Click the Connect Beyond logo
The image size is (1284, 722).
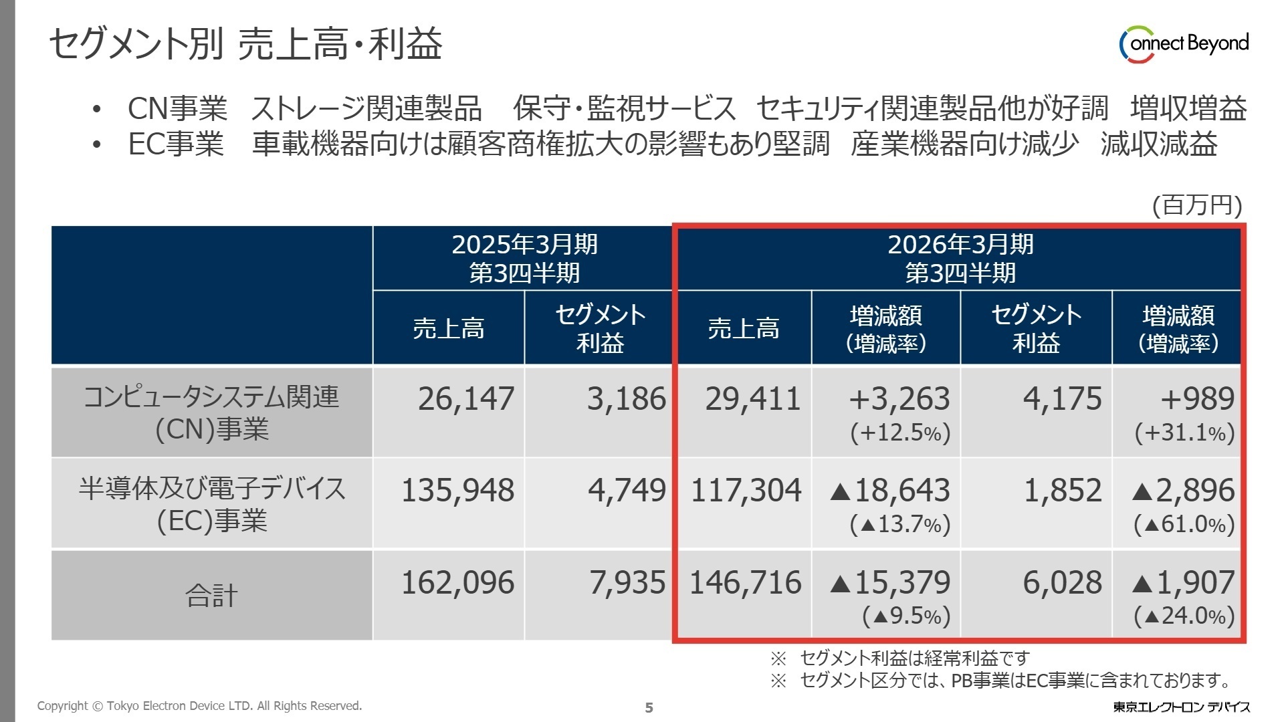point(1184,44)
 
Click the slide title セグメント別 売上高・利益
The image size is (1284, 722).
point(245,44)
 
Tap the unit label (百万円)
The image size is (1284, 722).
point(1196,205)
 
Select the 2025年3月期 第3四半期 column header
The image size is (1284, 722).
point(524,259)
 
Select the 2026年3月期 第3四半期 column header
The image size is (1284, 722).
point(960,259)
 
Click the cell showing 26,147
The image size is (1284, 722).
point(466,399)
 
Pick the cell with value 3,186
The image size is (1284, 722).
point(626,399)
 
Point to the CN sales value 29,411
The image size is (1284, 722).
point(752,399)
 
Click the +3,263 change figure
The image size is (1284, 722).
point(899,399)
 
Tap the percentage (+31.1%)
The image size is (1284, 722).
point(1184,433)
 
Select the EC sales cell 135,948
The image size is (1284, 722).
point(457,491)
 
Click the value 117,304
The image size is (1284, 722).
point(746,491)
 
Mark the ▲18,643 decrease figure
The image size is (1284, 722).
point(889,491)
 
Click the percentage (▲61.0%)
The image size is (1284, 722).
point(1184,524)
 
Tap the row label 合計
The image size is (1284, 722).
point(211,596)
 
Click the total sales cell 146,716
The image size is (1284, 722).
point(745,583)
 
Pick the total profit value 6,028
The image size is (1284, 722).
point(1062,583)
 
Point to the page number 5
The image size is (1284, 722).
point(649,707)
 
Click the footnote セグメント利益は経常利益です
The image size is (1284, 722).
point(914,658)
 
